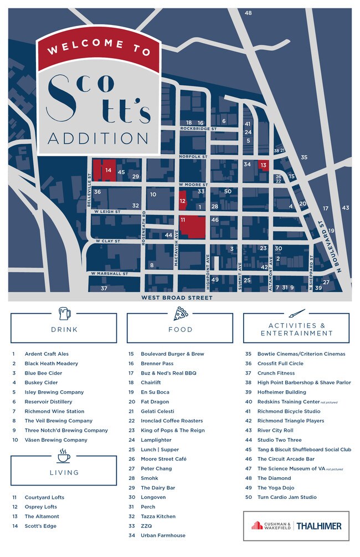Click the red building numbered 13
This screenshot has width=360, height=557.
coord(264,165)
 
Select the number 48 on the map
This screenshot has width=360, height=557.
coord(248,13)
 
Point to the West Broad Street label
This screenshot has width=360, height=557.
coord(177,298)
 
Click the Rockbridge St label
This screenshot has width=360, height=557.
coord(198,129)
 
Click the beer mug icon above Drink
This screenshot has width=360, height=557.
coord(64,313)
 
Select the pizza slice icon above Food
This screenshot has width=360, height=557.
coord(180,314)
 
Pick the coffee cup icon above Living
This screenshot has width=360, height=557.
coord(64,456)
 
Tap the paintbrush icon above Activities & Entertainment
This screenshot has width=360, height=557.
coord(296,313)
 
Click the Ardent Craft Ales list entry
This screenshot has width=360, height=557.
coord(47,354)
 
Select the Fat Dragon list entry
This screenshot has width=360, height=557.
coord(155,401)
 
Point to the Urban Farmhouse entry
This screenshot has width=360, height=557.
coord(163,535)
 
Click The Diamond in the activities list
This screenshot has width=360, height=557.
coord(274,478)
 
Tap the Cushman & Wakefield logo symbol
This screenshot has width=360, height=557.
coord(257,525)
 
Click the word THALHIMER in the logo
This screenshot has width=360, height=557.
coord(320,525)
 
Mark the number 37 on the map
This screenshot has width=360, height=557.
coord(104,288)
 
